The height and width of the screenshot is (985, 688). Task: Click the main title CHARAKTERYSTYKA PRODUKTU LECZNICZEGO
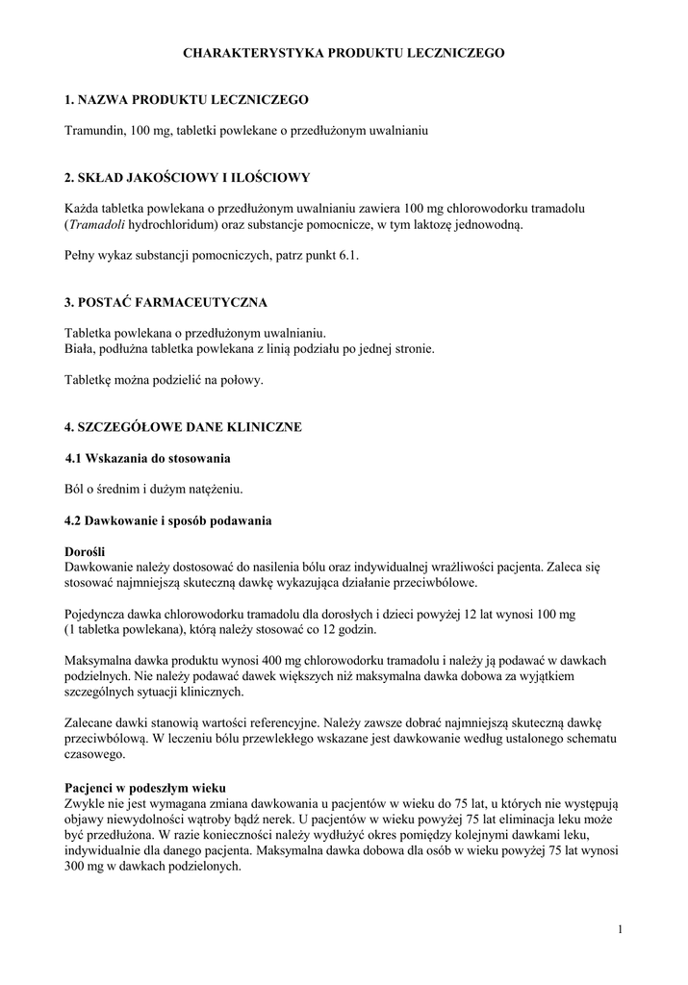(344, 55)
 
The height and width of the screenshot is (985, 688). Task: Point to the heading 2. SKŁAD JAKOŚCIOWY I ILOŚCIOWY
(187, 178)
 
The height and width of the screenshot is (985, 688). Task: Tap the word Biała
(80, 349)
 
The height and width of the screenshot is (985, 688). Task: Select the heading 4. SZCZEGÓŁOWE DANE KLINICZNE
(183, 426)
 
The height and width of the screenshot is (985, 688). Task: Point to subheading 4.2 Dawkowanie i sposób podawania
(167, 520)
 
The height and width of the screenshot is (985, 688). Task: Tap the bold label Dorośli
(85, 552)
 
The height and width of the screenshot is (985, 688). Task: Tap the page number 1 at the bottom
(622, 929)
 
